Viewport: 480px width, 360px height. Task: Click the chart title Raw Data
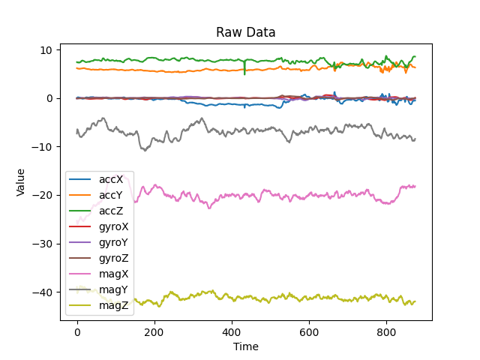[245, 32]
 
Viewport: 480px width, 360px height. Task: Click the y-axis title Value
[21, 182]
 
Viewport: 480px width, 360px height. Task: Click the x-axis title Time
[245, 347]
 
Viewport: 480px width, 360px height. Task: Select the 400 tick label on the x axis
[232, 331]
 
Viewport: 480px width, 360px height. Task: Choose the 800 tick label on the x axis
[386, 331]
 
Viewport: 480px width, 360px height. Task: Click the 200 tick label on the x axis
[154, 331]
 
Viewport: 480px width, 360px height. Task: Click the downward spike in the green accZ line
[244, 72]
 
